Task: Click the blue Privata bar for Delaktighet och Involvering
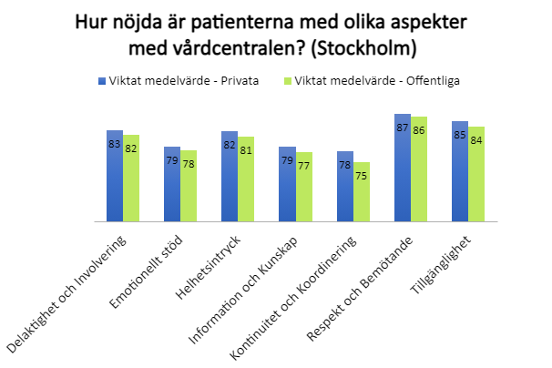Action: [x=115, y=182]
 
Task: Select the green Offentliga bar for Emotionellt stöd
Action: [x=189, y=191]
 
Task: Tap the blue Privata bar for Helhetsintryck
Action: [x=230, y=182]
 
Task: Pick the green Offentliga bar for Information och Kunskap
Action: [x=303, y=191]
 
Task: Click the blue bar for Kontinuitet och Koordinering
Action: [x=344, y=191]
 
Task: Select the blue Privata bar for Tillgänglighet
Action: [x=459, y=178]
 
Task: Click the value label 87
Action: [x=402, y=128]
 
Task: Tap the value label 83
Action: [x=115, y=144]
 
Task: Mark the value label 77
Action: [x=303, y=167]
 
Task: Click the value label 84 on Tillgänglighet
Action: [x=475, y=140]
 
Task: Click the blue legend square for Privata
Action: [x=102, y=80]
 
